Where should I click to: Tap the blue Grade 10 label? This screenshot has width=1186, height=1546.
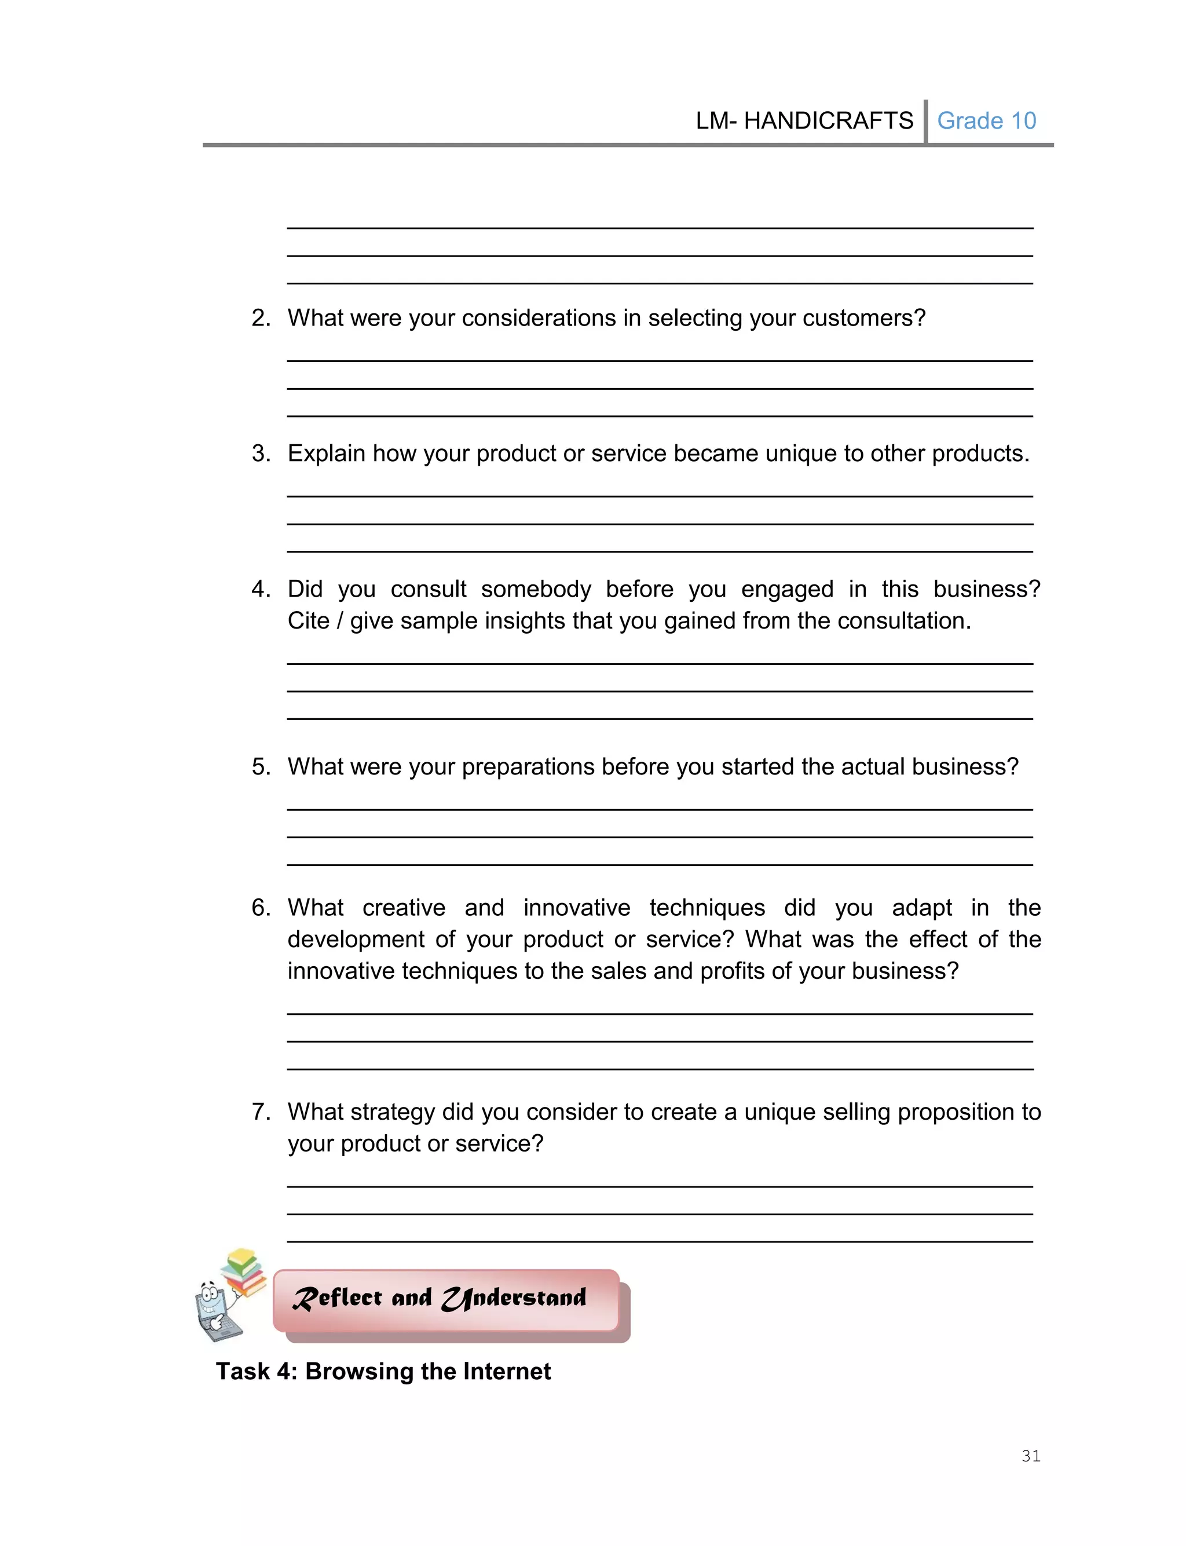pyautogui.click(x=986, y=120)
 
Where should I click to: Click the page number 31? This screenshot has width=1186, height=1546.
pyautogui.click(x=1031, y=1456)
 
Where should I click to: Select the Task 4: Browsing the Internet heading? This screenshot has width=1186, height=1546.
pyautogui.click(x=383, y=1371)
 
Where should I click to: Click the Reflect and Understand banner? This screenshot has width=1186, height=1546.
pyautogui.click(x=446, y=1299)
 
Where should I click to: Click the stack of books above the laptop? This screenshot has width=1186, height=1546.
pyautogui.click(x=244, y=1271)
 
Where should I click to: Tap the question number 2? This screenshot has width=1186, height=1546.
pyautogui.click(x=260, y=319)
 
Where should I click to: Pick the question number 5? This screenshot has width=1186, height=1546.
pyautogui.click(x=260, y=767)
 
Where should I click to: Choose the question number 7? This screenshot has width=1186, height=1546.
pyautogui.click(x=260, y=1112)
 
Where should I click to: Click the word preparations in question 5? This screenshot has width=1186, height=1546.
pyautogui.click(x=528, y=767)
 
